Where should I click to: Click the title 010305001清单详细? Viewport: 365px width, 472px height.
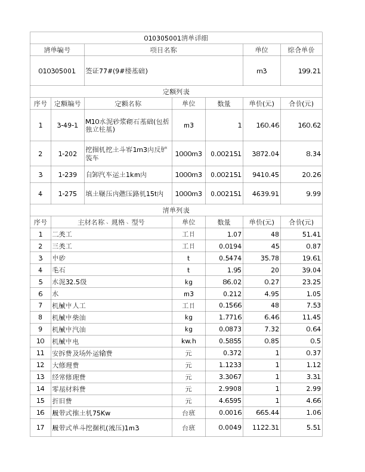point(176,38)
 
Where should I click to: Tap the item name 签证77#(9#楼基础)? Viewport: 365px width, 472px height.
point(117,71)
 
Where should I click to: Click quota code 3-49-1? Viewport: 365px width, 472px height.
point(67,125)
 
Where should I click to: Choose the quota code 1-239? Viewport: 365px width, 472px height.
point(67,175)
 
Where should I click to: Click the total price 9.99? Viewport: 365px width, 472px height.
point(312,194)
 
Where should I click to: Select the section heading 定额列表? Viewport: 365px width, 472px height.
point(176,92)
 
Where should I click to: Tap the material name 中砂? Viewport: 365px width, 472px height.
point(59,258)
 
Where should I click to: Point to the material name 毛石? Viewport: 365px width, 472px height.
point(59,270)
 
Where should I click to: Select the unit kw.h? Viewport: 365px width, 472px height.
point(188,341)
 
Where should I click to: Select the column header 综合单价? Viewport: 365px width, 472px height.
point(301,50)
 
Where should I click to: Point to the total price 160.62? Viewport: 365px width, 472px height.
point(310,125)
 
